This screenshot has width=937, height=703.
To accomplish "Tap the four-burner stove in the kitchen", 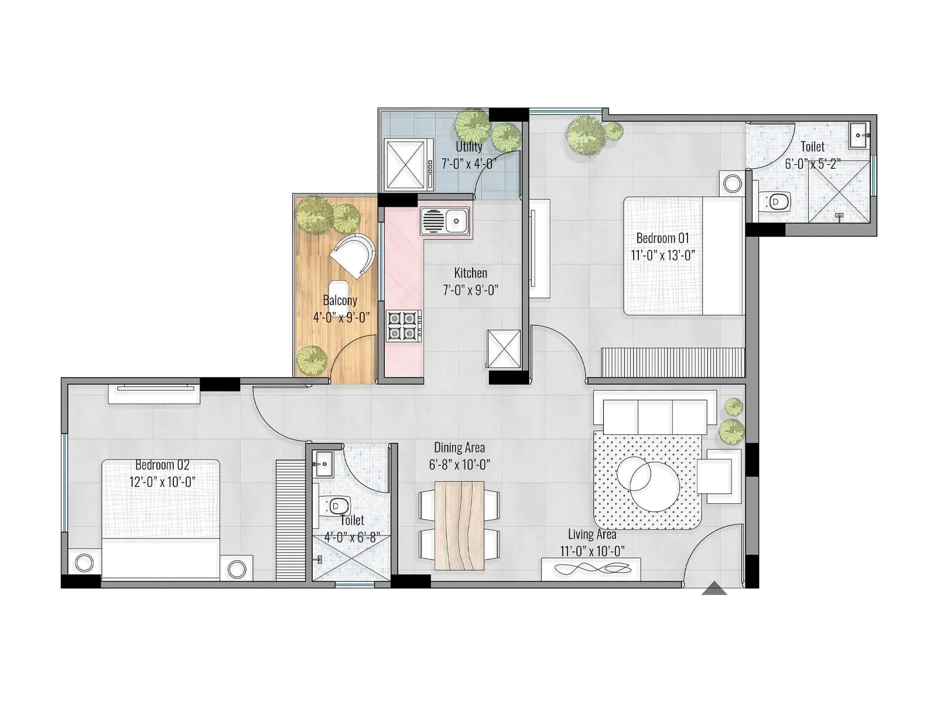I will click(x=403, y=326).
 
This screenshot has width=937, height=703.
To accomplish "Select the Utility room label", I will click(x=469, y=146).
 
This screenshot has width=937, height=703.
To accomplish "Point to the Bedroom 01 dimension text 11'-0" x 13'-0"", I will click(x=663, y=255).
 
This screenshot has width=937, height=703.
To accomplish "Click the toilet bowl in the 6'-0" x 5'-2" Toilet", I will click(x=777, y=202).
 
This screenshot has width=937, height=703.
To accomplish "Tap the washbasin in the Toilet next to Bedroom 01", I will click(x=859, y=135).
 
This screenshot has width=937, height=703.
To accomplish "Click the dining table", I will click(x=460, y=525).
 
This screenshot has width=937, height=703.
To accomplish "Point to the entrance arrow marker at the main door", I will click(x=714, y=589).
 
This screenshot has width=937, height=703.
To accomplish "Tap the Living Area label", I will click(x=591, y=534).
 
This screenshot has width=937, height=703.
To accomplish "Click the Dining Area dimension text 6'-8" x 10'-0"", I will click(x=460, y=465).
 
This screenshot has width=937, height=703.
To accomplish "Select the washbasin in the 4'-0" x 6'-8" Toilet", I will click(x=322, y=465).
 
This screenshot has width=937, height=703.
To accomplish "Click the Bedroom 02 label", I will click(x=162, y=465).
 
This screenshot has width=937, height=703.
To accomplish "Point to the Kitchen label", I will click(x=470, y=273).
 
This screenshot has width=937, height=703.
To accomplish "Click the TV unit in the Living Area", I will click(x=590, y=569).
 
